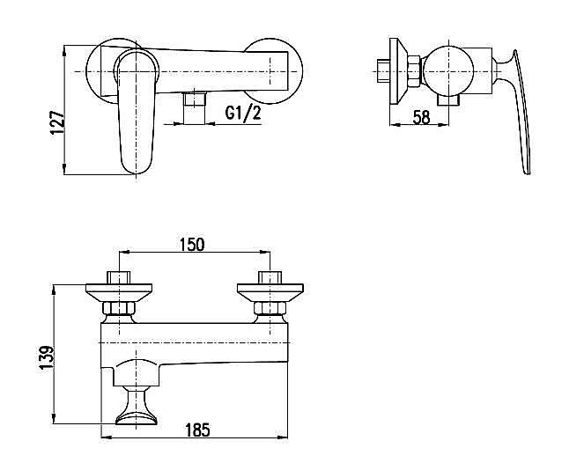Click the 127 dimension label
(x=57, y=122)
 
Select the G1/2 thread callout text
(x=243, y=113)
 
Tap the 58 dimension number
(x=421, y=117)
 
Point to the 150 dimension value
(x=192, y=245)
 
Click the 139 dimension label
(x=47, y=358)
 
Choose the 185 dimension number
(x=197, y=430)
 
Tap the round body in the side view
(x=448, y=70)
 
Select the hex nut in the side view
(x=414, y=70)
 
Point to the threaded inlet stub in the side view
(x=383, y=70)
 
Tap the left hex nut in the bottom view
(x=119, y=309)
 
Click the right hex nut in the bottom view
(x=270, y=309)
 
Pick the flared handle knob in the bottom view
(x=137, y=407)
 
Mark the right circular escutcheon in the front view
(x=273, y=70)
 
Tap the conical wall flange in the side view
(x=398, y=70)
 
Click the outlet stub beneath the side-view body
(x=448, y=100)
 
